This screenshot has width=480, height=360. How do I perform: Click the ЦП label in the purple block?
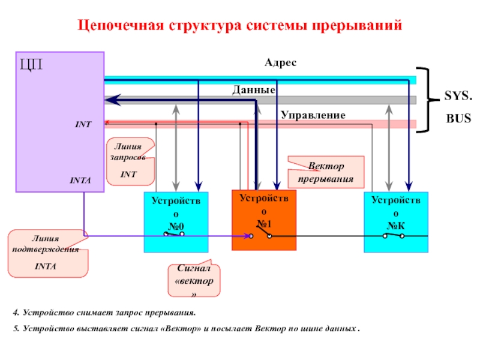tap(31, 64)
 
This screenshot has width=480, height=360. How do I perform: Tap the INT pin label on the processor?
tap(83, 124)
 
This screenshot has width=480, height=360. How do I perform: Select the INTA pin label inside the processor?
tap(80, 181)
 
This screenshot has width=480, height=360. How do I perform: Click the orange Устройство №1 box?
tap(264, 220)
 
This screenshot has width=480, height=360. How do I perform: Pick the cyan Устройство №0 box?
tap(176, 222)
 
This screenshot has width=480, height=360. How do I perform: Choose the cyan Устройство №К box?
tap(396, 222)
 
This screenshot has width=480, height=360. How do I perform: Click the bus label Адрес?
tap(280, 62)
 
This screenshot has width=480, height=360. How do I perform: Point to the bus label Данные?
tap(254, 89)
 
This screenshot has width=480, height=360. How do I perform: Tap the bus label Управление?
tap(313, 115)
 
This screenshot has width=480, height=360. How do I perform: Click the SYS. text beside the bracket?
tap(458, 95)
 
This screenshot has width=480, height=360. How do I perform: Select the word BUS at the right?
tap(458, 118)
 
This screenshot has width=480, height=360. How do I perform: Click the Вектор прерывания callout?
tap(326, 172)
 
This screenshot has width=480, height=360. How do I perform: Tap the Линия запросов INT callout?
tap(130, 161)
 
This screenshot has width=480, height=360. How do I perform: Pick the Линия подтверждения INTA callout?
tap(48, 253)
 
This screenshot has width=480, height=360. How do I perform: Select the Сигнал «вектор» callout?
tap(194, 279)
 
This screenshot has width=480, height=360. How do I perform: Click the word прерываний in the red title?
tap(356, 25)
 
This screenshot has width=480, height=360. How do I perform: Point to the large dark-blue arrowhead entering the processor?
tap(113, 100)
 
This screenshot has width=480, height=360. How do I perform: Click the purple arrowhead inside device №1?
tap(247, 236)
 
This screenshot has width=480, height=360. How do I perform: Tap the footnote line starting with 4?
tap(104, 313)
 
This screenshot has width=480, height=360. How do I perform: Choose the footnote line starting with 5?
tap(186, 328)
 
